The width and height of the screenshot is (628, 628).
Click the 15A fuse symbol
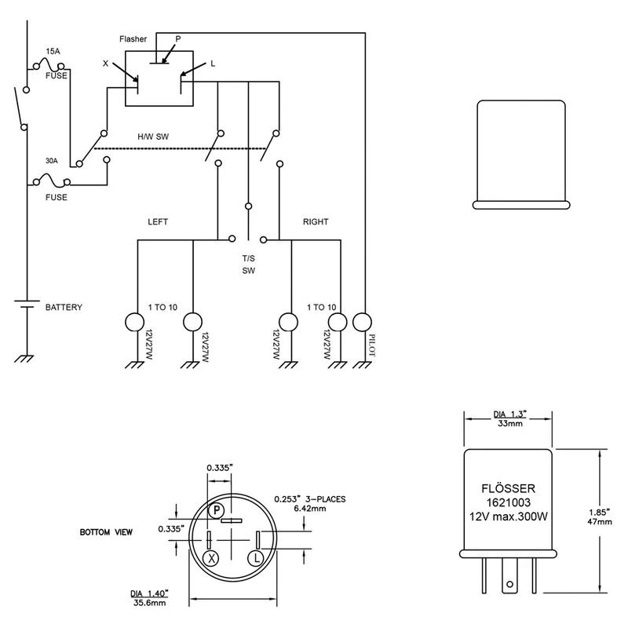(49, 64)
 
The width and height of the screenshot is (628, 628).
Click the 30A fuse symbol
(52, 181)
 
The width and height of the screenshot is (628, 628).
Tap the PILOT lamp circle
(362, 322)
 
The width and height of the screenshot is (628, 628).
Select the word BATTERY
(64, 307)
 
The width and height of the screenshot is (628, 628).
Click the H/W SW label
(153, 137)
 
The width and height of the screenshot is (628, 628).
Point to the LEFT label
(158, 221)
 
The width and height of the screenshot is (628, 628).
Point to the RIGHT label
(316, 221)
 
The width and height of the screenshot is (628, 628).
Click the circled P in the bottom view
(217, 509)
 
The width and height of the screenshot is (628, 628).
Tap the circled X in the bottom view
(211, 558)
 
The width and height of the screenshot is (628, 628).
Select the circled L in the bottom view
(257, 558)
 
